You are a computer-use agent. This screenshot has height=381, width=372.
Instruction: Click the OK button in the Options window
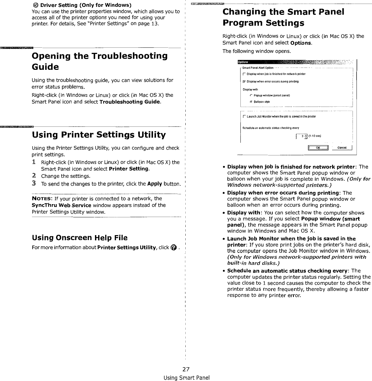click(x=318, y=148)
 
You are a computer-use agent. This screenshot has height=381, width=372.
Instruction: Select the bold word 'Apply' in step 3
click(x=154, y=184)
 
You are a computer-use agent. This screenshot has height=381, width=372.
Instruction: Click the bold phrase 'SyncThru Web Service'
click(x=61, y=205)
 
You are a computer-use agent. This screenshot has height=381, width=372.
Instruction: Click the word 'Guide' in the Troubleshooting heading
click(x=45, y=67)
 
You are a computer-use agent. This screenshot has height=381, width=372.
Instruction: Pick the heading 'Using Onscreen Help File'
click(x=79, y=238)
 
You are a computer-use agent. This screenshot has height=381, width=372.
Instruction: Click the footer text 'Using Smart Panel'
click(x=187, y=377)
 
